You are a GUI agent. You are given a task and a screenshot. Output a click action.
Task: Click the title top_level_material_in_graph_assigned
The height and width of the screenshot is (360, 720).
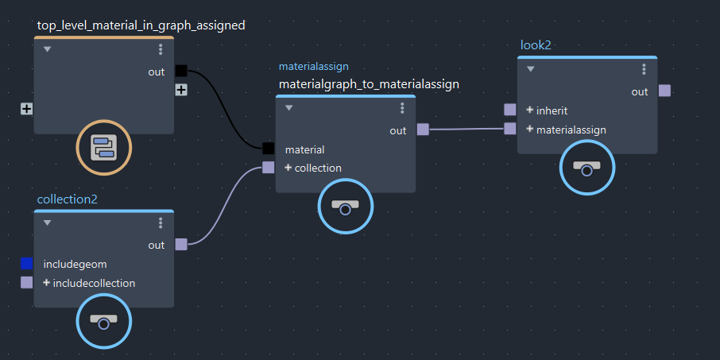[x=141, y=25]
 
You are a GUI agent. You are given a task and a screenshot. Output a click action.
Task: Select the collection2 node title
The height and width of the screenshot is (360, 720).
[x=67, y=199]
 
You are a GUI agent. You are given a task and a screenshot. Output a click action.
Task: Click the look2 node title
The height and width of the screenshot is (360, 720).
[x=536, y=45]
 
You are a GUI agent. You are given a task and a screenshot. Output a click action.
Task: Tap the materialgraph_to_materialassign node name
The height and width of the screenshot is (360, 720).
[x=369, y=84]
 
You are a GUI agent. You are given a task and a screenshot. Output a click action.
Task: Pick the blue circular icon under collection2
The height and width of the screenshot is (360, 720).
[x=104, y=320]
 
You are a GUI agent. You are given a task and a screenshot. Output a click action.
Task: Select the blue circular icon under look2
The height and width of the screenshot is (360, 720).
[x=587, y=168]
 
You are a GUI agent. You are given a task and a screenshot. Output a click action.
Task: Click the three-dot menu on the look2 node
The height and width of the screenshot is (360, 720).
[x=644, y=69]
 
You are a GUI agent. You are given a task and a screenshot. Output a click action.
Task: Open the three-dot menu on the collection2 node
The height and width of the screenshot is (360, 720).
[x=161, y=223]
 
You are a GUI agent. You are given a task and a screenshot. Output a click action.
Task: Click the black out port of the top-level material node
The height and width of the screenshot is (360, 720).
[x=181, y=72]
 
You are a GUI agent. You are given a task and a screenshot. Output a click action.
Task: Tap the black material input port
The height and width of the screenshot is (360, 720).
[x=269, y=149]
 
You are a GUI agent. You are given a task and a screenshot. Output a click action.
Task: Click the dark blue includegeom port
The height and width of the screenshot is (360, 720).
[x=27, y=263]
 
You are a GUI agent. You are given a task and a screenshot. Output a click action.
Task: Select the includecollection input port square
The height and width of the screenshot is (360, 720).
[x=27, y=282]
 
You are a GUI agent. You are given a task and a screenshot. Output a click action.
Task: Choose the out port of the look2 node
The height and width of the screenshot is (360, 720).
[x=664, y=91]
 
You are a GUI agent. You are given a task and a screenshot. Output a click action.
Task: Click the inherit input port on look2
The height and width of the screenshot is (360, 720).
[x=510, y=110]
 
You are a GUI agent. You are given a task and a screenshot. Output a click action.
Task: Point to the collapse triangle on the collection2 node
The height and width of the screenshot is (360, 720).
[x=47, y=223]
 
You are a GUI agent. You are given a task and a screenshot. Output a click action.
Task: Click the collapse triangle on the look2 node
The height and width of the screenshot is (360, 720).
[x=530, y=69]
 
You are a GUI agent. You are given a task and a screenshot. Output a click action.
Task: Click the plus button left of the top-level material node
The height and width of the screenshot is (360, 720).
[x=27, y=108]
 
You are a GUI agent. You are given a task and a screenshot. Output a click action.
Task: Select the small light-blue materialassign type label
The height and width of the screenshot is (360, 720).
[x=313, y=67]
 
